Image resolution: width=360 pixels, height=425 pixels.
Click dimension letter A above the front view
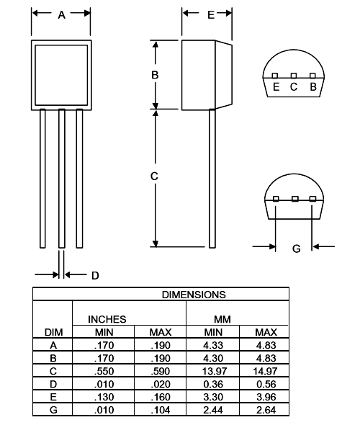click(61, 15)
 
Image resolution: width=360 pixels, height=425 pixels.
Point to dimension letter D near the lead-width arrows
click(94, 275)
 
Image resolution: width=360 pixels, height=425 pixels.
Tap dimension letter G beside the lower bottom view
click(296, 249)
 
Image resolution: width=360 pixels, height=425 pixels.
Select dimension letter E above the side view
click(210, 15)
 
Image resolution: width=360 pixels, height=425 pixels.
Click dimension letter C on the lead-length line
click(155, 176)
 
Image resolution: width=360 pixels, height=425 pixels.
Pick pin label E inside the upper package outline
click(276, 87)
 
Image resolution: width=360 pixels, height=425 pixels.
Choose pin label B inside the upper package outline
click(312, 87)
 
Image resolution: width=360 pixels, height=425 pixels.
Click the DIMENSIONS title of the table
click(193, 294)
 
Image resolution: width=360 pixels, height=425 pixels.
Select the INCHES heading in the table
click(107, 318)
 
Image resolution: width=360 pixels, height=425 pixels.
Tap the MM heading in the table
click(221, 318)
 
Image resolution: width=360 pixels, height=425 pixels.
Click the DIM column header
click(53, 332)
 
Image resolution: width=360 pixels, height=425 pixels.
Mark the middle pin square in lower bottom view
click(294, 199)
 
